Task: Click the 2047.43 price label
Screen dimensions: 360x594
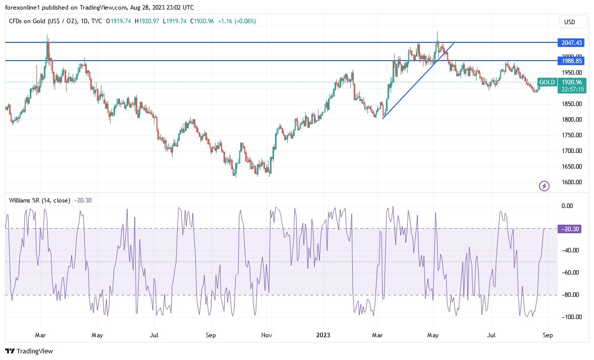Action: point(571,43)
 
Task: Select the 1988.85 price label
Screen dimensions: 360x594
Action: point(571,61)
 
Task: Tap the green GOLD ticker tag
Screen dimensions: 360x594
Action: point(547,82)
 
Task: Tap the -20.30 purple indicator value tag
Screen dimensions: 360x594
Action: point(570,229)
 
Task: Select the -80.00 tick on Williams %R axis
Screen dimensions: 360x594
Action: point(570,295)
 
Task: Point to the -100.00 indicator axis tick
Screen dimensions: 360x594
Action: point(570,317)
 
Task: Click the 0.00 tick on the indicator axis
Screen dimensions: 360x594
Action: point(567,206)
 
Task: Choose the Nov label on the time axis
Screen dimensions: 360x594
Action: point(267,335)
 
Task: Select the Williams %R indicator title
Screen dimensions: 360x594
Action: point(40,200)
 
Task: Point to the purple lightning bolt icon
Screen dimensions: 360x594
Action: point(545,186)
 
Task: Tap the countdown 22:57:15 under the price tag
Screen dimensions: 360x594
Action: point(572,89)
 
